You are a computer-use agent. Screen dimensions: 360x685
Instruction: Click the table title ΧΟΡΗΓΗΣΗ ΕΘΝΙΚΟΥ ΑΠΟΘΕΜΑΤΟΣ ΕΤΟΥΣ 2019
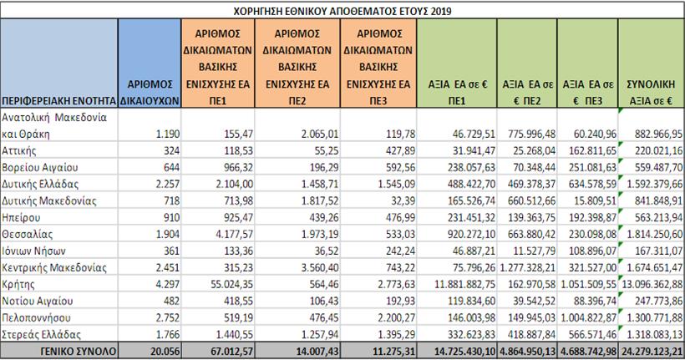coord(342,9)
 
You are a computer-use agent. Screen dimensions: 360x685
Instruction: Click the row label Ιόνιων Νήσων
coord(34,251)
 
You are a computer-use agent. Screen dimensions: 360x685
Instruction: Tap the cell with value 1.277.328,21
coord(528,267)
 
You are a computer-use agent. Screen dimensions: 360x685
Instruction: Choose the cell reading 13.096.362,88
coord(649,284)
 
